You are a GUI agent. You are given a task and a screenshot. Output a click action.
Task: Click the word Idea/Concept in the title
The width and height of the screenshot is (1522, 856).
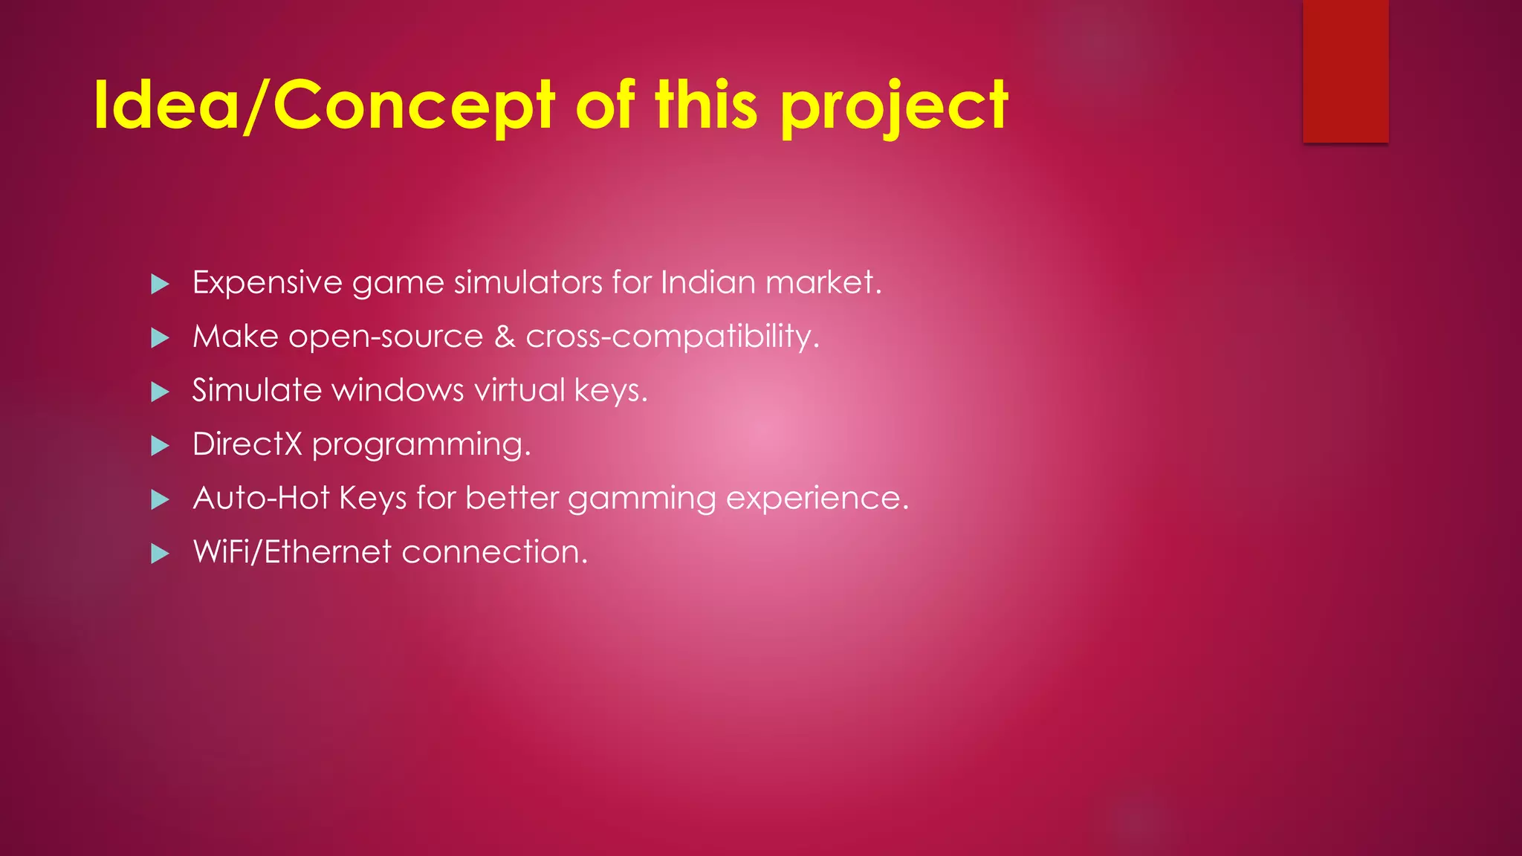click(x=323, y=106)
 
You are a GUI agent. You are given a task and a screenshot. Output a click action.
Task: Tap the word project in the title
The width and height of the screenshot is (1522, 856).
click(x=894, y=108)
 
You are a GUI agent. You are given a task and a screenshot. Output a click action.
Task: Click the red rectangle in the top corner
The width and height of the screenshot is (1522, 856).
click(x=1345, y=71)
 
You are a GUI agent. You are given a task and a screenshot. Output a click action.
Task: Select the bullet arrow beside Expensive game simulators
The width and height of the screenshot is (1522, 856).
click(x=160, y=284)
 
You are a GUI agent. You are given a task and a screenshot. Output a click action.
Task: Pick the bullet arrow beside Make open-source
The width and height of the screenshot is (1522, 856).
click(x=160, y=338)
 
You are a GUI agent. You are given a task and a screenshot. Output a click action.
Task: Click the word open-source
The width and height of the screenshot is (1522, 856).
click(x=386, y=337)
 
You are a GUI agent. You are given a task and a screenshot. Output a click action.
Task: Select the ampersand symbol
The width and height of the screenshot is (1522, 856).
click(x=505, y=337)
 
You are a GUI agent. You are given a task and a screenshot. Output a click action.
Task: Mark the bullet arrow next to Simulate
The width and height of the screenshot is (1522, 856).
click(x=160, y=392)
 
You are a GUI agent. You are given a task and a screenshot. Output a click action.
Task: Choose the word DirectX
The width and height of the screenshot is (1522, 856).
click(x=247, y=444)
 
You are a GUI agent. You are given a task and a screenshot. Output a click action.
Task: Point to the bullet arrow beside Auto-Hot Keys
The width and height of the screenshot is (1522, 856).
click(x=160, y=499)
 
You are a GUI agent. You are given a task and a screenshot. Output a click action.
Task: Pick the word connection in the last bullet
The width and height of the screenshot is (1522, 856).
click(x=493, y=552)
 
